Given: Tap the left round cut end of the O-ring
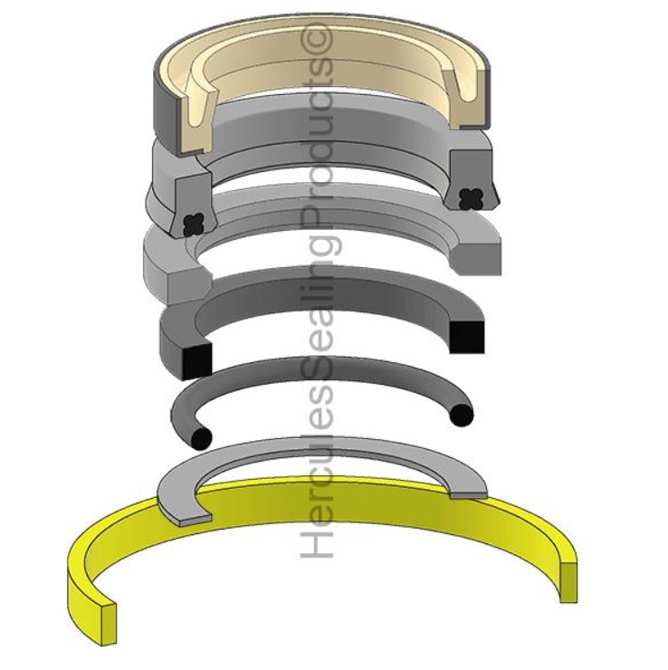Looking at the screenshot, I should (x=201, y=436).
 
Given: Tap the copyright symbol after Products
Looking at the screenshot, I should (x=320, y=42).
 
